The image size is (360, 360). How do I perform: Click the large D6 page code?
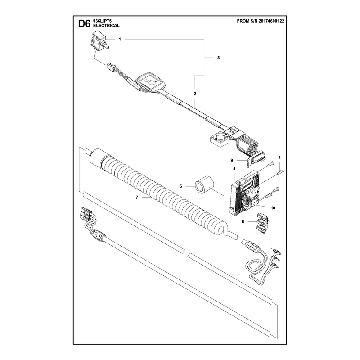click(85, 24)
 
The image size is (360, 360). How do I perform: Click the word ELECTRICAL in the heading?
click(106, 26)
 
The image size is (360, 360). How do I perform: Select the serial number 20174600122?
click(271, 21)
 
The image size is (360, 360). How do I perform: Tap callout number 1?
click(120, 39)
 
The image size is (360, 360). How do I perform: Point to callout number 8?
click(218, 58)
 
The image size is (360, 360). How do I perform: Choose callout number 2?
click(195, 94)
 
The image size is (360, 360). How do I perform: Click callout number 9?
click(232, 161)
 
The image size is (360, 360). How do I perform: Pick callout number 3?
click(279, 158)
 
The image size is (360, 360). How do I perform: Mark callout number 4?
click(234, 169)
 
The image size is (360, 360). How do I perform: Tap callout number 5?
click(181, 186)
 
